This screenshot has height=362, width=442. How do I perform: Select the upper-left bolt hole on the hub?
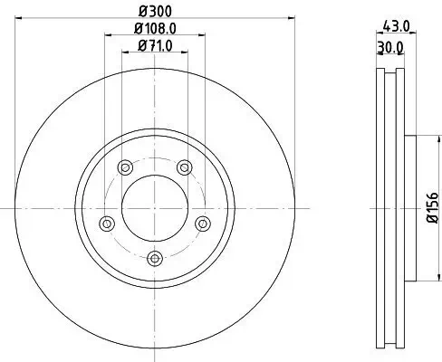coord(124,166)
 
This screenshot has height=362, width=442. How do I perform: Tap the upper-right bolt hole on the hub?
coord(185,166)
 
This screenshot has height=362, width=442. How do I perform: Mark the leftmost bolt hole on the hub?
coord(106,223)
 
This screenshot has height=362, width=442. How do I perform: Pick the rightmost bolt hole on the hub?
coord(203,223)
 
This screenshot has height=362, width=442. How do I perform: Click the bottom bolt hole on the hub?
coord(155,259)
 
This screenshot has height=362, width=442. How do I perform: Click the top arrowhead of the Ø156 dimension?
coord(423,138)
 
